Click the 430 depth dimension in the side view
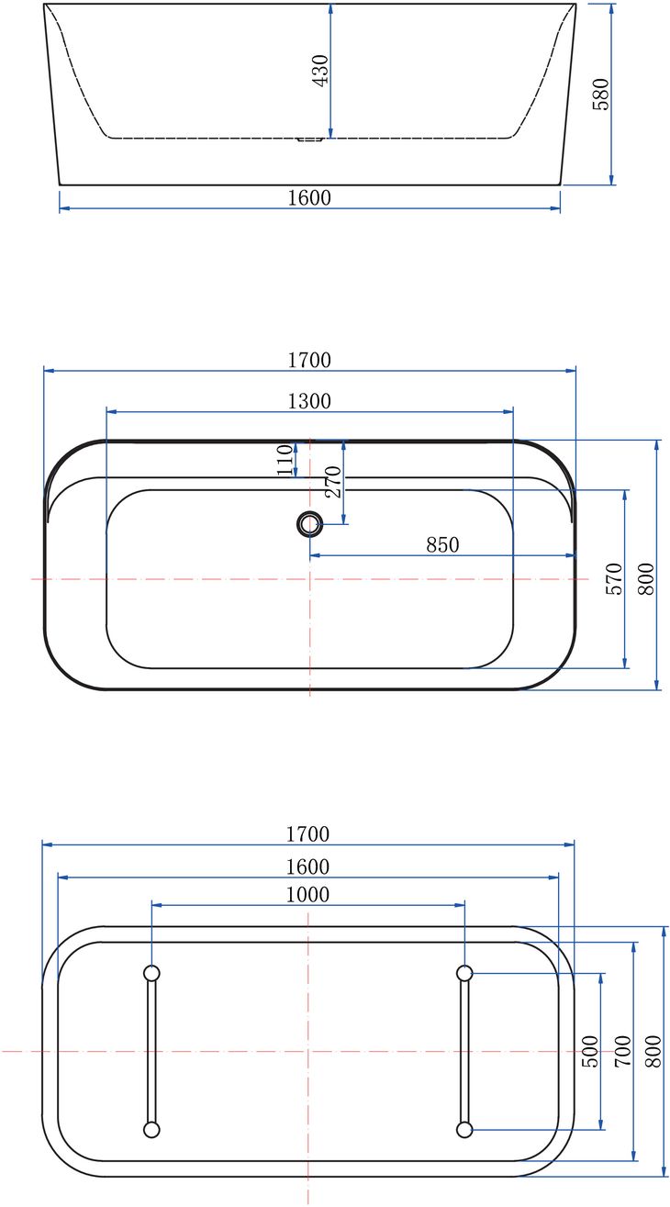(320, 70)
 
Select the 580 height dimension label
(601, 94)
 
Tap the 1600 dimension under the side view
(309, 197)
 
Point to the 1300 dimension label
(309, 401)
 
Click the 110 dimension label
(286, 459)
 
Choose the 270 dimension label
(333, 482)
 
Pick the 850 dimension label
(442, 544)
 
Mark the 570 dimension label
(614, 579)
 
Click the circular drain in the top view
(309, 524)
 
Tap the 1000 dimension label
(307, 894)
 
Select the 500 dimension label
(590, 1051)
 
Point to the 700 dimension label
(622, 1051)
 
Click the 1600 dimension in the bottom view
(307, 866)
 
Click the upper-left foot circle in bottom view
(152, 973)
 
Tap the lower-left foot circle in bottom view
(152, 1129)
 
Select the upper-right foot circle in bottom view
(464, 973)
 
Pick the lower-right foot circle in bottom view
(464, 1129)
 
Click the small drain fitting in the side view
(309, 140)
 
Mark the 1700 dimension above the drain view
(309, 360)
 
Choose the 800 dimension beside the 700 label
(653, 1051)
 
